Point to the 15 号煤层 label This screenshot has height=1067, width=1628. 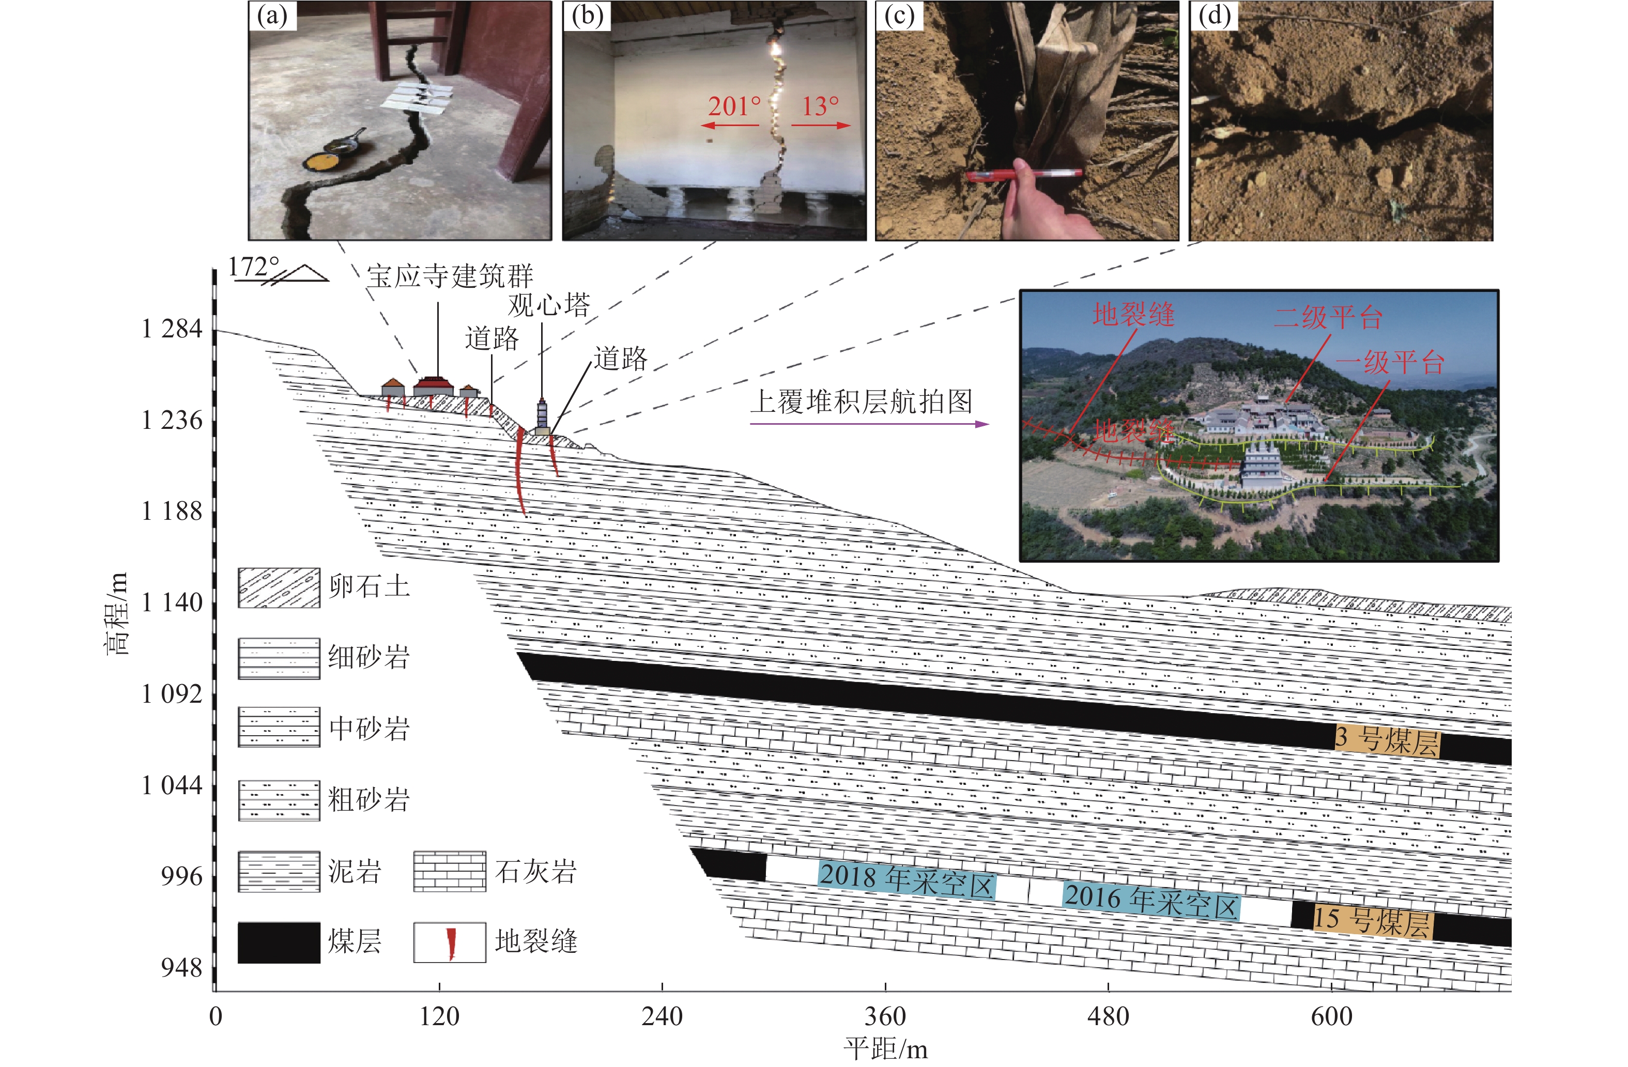pos(1372,921)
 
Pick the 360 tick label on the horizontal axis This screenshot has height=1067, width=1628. pos(885,1016)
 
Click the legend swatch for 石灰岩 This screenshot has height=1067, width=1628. pos(450,871)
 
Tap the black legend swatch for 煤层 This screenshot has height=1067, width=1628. pos(279,942)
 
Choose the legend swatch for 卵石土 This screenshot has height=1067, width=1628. pos(279,587)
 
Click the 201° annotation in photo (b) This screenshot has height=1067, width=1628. pos(733,106)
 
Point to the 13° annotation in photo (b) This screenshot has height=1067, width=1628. pos(820,106)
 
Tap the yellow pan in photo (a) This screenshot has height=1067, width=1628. pos(321,163)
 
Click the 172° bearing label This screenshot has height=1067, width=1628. pos(253,267)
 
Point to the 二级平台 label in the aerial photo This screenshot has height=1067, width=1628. pos(1328,317)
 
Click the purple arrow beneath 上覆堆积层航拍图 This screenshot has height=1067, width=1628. pos(869,424)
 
